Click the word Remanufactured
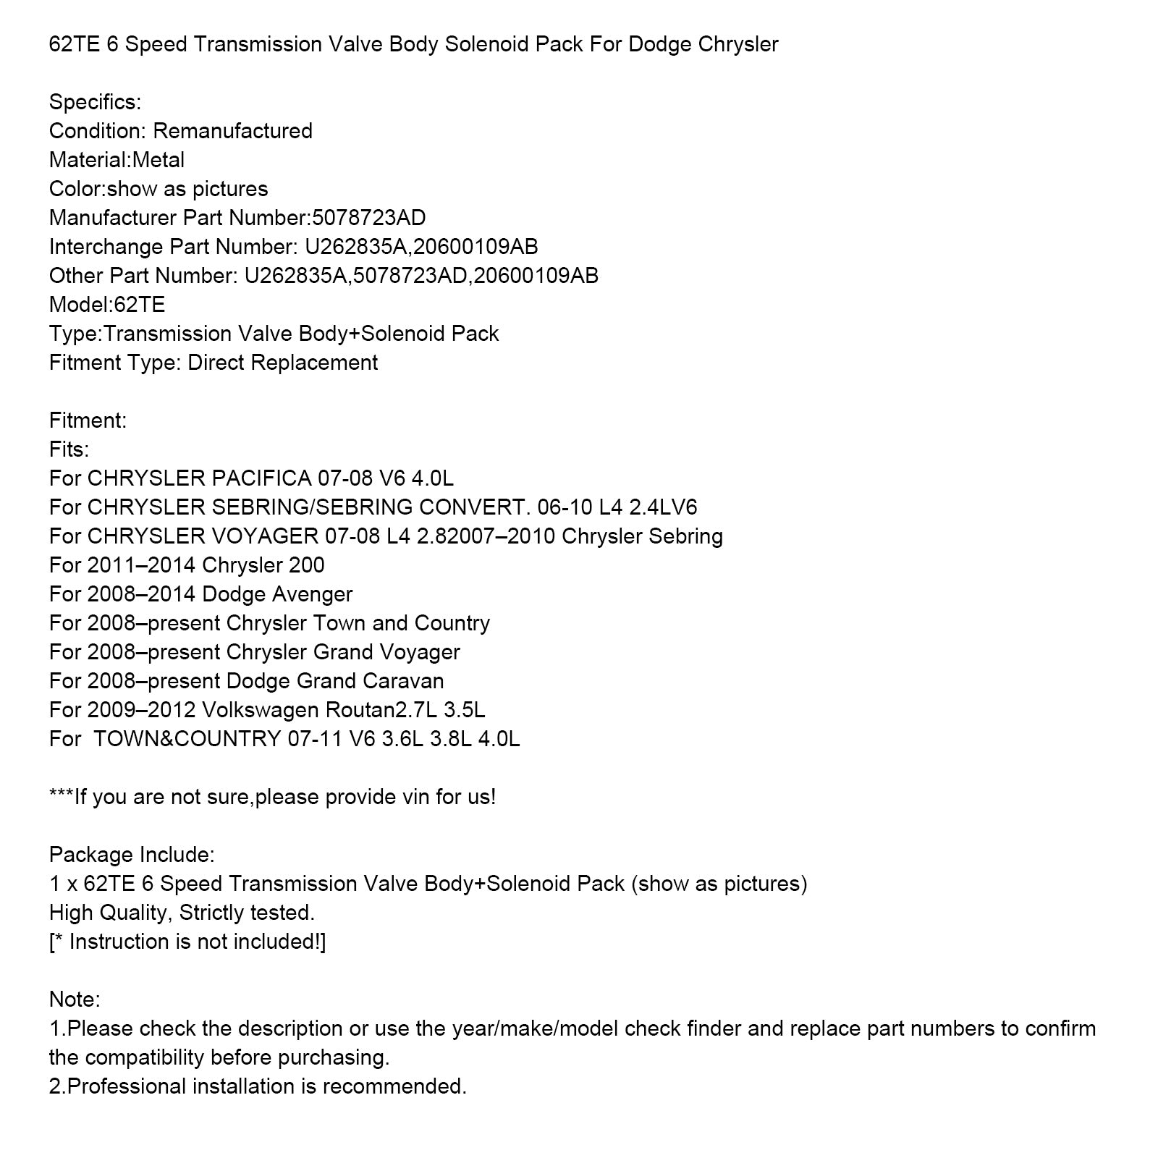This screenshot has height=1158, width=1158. click(x=232, y=131)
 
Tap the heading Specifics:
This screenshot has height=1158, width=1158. click(x=95, y=102)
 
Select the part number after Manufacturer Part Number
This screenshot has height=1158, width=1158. click(x=368, y=218)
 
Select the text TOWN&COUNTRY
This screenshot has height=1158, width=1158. click(x=187, y=739)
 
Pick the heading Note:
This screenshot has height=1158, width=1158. click(x=75, y=999)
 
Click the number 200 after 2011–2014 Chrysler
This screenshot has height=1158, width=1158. click(x=306, y=565)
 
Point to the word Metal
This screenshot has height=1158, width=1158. click(x=159, y=160)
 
